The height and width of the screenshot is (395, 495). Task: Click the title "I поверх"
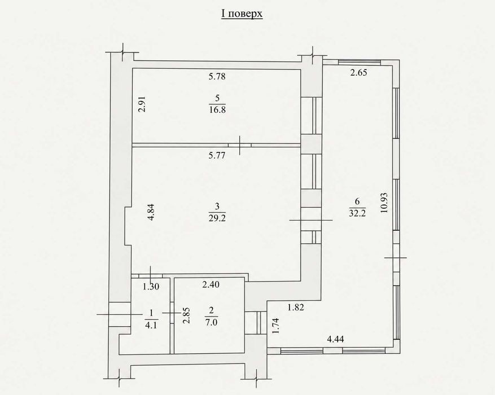(x=242, y=14)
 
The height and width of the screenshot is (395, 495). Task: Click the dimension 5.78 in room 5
(x=217, y=76)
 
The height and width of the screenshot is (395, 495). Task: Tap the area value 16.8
(x=217, y=110)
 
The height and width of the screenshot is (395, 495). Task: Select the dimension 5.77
(x=217, y=155)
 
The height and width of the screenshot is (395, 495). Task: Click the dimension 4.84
(x=151, y=212)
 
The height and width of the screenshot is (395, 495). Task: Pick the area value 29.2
(x=217, y=218)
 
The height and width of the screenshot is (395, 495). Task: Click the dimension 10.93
(x=384, y=203)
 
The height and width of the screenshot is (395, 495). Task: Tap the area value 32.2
(x=357, y=213)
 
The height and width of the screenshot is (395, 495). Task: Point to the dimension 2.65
(x=358, y=73)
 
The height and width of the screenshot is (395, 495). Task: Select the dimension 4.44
(x=335, y=340)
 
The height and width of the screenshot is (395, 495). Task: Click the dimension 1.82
(x=296, y=307)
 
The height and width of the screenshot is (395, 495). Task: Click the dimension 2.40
(x=211, y=284)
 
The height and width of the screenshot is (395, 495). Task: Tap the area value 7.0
(x=211, y=322)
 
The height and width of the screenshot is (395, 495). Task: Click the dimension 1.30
(x=151, y=287)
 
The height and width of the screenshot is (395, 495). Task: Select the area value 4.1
(x=151, y=325)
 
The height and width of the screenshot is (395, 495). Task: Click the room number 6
(x=357, y=201)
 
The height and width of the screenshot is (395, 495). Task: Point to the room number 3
(x=217, y=207)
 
